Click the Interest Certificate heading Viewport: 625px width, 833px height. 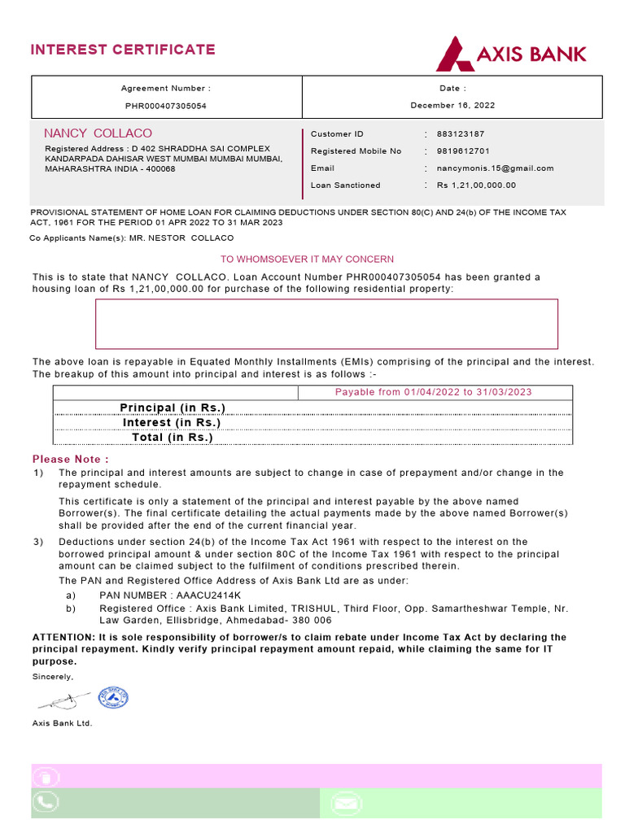(x=123, y=50)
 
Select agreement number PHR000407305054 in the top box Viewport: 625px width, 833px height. (x=165, y=106)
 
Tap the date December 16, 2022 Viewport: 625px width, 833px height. (x=452, y=106)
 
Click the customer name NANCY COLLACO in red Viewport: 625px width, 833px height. (x=98, y=133)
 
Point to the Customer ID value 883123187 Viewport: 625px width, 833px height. (x=461, y=134)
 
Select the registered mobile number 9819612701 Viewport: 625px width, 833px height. (x=463, y=151)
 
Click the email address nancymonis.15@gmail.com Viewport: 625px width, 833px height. (x=495, y=168)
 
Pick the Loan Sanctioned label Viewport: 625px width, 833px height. (x=345, y=185)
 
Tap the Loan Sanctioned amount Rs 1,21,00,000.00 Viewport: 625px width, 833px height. (x=476, y=185)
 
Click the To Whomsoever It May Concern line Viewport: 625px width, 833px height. (x=308, y=259)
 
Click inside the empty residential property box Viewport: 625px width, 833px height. (x=327, y=324)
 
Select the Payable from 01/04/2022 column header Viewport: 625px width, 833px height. (x=434, y=392)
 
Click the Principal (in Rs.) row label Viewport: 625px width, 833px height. (x=173, y=408)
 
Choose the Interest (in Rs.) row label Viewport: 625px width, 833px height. (x=172, y=423)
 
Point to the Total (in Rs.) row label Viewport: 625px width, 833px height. (x=173, y=438)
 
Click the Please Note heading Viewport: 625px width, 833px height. (x=71, y=460)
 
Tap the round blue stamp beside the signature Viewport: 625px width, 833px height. (x=113, y=698)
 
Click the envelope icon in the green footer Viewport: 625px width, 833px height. (x=347, y=804)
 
